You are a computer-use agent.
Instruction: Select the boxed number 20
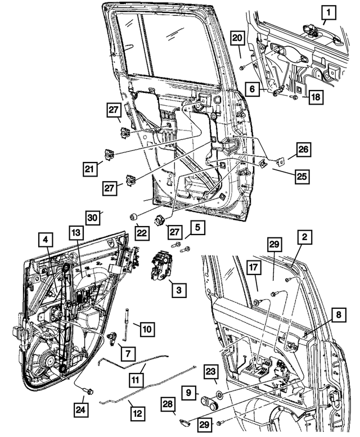(x=237, y=37)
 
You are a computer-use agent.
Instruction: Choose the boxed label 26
(x=303, y=150)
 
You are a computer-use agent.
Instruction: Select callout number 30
(x=93, y=217)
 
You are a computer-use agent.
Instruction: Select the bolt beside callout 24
(x=88, y=390)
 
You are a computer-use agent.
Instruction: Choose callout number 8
(x=336, y=316)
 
